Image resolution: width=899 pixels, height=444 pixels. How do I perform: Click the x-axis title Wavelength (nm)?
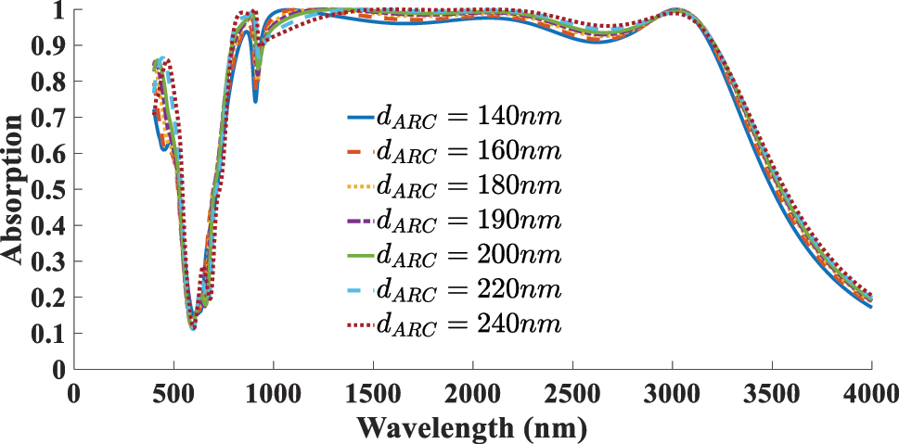[473, 429]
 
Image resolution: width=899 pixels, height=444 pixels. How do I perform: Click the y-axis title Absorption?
[13, 190]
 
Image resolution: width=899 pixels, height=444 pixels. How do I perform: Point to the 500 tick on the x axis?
[173, 393]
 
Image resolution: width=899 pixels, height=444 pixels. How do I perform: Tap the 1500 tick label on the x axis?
[373, 393]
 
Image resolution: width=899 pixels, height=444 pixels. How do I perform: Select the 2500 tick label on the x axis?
[572, 393]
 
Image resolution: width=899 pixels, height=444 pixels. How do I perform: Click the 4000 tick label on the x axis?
[871, 393]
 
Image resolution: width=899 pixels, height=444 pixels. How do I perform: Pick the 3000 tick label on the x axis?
[673, 393]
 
